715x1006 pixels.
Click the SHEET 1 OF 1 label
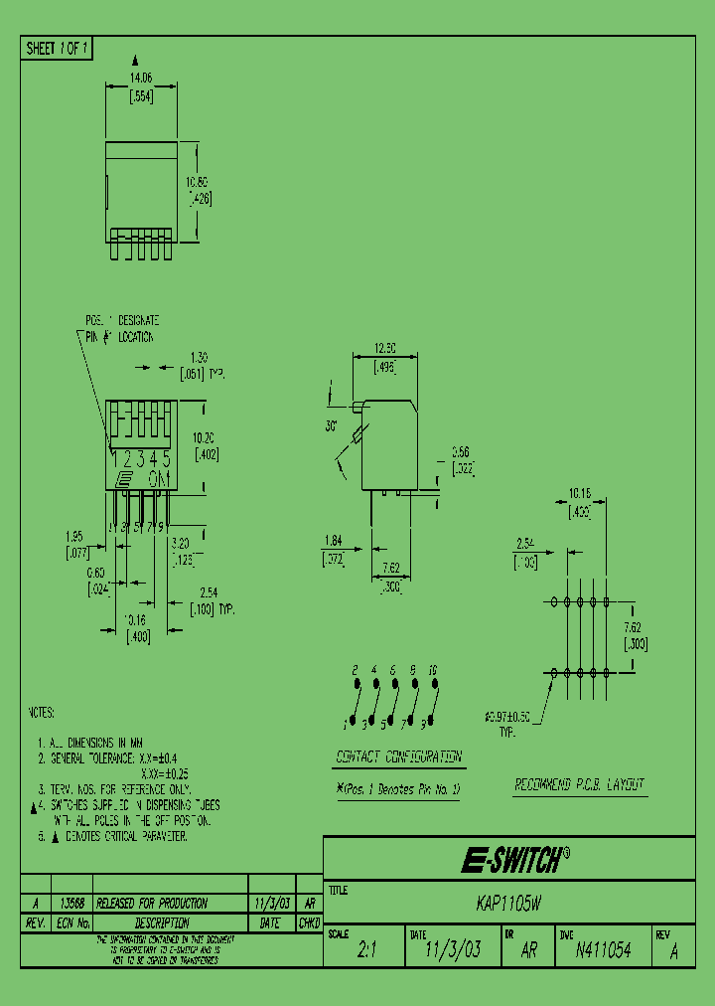(x=57, y=48)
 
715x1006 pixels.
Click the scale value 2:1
(x=366, y=950)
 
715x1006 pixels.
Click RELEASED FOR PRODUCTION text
(x=157, y=904)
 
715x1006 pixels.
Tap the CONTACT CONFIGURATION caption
(x=398, y=756)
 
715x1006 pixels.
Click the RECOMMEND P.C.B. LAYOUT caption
(x=580, y=785)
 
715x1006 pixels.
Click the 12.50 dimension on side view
(x=385, y=349)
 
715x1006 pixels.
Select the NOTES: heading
(x=41, y=713)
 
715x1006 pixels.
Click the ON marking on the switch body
(x=158, y=478)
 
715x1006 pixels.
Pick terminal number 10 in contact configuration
(x=433, y=671)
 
